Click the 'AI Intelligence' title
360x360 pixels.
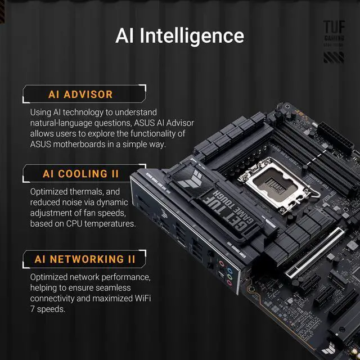(x=179, y=35)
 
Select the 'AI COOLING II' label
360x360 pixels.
(x=83, y=174)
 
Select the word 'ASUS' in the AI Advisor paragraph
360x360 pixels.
(x=151, y=123)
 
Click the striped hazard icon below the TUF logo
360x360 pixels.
(x=333, y=57)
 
